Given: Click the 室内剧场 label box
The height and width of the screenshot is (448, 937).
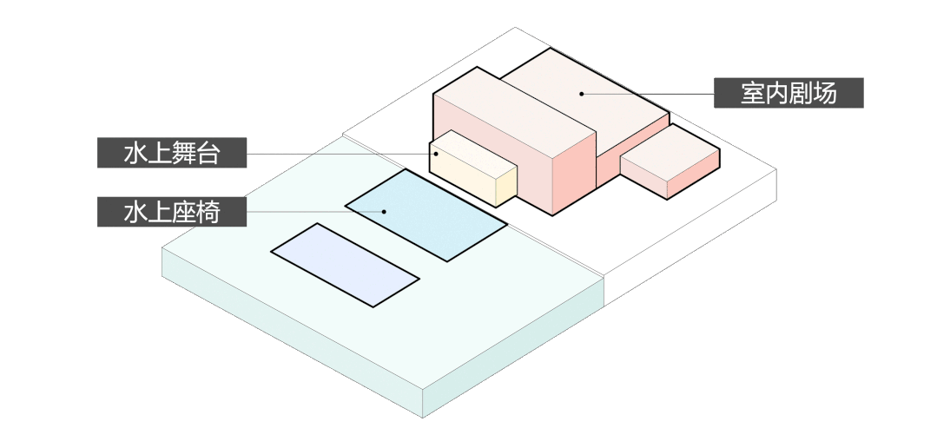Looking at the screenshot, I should point(789,93).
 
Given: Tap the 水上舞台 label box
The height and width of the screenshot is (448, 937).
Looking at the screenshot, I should point(172,154).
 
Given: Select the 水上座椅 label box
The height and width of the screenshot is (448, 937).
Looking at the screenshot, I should point(172,212).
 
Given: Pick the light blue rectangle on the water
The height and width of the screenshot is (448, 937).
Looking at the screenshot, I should point(426,214).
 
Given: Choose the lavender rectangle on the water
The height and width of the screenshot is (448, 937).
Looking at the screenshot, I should point(345,265).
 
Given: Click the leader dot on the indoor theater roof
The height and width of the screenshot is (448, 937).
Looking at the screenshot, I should point(582,93).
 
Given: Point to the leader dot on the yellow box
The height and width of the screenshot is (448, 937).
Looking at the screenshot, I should point(437,154).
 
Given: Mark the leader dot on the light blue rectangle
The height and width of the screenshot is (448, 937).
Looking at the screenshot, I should point(381,212).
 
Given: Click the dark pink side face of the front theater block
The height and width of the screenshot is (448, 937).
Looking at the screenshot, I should point(573,174).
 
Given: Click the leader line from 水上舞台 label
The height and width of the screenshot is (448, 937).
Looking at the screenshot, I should point(339,154).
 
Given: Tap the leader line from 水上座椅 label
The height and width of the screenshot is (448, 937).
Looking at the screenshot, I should point(313,212).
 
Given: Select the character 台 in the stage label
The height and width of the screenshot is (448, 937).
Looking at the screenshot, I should point(209,154).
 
